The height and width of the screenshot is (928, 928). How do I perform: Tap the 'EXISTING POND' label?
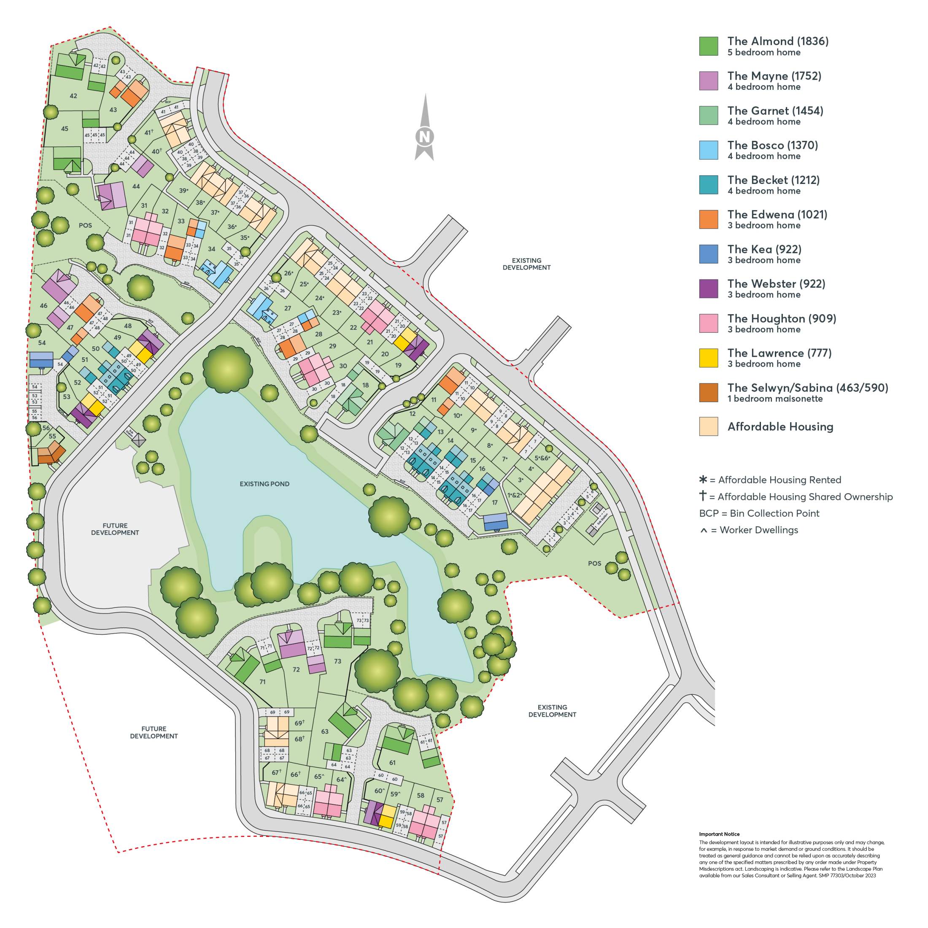[264, 484]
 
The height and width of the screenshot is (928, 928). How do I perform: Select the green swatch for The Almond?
[709, 46]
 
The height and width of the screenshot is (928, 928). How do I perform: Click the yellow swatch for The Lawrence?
[709, 358]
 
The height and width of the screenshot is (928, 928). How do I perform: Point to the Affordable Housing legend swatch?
[709, 426]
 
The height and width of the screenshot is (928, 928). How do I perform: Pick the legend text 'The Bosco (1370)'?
[772, 145]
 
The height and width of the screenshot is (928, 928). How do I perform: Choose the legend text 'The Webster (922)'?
[776, 284]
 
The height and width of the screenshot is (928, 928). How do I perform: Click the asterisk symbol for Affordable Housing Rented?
[703, 479]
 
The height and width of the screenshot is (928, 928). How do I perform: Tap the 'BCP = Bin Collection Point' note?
[759, 513]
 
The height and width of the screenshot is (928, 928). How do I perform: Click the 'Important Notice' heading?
[719, 834]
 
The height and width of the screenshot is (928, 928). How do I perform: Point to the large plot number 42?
[73, 96]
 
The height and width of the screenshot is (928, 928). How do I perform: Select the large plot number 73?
[338, 661]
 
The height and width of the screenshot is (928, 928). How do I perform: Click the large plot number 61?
[392, 762]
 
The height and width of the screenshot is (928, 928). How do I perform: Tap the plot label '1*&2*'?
[515, 495]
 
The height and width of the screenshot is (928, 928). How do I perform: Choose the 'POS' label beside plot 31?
[85, 225]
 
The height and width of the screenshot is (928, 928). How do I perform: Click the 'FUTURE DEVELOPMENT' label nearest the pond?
[115, 529]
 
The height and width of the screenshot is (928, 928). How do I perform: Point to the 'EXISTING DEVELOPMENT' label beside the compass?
[526, 264]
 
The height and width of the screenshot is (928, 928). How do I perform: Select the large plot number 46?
[44, 305]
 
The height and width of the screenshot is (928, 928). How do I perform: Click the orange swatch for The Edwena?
[709, 219]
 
